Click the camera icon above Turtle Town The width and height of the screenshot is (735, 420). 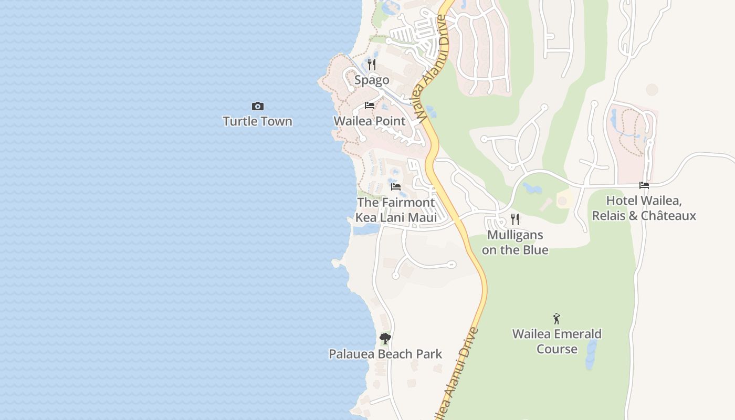tap(257, 107)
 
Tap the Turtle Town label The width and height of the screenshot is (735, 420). tap(257, 121)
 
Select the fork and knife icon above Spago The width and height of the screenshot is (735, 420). tap(372, 65)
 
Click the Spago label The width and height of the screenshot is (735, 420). tap(372, 80)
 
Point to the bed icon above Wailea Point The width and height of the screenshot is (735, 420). tap(370, 106)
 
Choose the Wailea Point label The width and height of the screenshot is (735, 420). tap(370, 121)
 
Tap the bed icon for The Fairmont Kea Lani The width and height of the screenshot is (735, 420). tap(396, 186)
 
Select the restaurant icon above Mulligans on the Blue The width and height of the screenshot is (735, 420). tap(515, 219)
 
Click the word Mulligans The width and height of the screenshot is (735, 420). tap(515, 235)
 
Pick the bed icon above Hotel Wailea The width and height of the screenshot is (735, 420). tap(644, 185)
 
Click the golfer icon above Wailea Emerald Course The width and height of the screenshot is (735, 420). tap(556, 319)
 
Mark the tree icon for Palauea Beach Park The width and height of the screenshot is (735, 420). tap(385, 339)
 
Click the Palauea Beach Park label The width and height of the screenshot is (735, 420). tap(385, 354)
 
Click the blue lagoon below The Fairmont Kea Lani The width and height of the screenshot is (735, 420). tap(366, 229)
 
